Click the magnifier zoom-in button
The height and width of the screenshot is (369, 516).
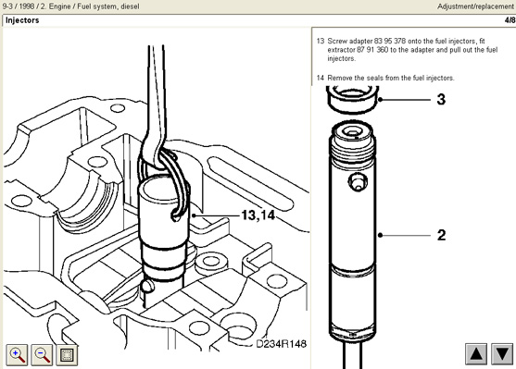(17, 355)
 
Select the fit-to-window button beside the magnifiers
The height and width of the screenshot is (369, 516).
(67, 355)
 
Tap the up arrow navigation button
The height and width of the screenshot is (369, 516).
(476, 354)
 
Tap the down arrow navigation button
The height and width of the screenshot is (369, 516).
(502, 354)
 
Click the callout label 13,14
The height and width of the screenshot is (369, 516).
(258, 215)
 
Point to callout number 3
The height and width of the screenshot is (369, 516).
(441, 99)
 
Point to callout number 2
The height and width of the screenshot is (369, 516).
(441, 235)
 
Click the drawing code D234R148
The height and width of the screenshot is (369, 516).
(281, 344)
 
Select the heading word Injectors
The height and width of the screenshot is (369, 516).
(22, 20)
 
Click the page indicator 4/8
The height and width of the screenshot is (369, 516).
(510, 20)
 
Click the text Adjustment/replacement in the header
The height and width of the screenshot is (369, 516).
(475, 6)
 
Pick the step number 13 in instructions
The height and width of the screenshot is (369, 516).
(321, 41)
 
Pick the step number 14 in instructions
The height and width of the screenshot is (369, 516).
(321, 78)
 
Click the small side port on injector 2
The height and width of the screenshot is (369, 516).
(358, 181)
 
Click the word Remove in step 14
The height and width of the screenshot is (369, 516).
(337, 78)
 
